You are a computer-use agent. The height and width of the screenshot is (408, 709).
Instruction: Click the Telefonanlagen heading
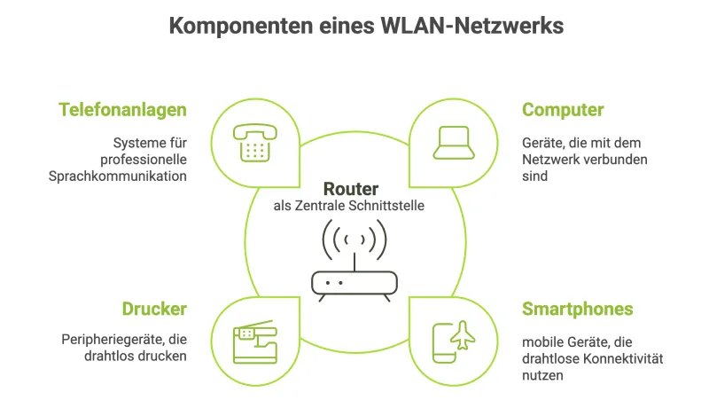tap(123, 110)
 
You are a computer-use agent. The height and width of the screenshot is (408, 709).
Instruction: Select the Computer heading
tap(563, 110)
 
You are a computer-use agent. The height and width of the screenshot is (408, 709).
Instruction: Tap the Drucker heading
tap(154, 309)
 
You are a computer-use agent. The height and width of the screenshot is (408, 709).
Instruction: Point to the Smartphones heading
tap(577, 309)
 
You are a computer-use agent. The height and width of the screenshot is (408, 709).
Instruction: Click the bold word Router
tap(351, 189)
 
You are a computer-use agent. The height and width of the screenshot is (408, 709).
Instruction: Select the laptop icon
tap(453, 143)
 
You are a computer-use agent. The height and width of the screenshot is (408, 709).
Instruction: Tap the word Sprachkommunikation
tap(118, 176)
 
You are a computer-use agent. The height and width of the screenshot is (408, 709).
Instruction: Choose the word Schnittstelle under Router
tap(392, 207)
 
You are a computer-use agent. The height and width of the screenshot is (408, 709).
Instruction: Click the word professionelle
tap(144, 159)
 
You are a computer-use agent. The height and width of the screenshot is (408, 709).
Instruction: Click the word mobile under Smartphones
tap(541, 341)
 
